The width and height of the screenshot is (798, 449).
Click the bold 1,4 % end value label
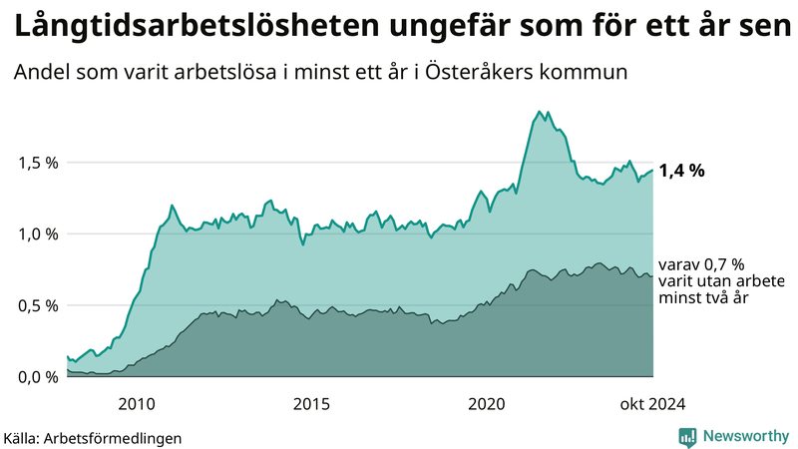click(681, 171)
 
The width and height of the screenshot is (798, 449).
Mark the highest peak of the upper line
click(539, 111)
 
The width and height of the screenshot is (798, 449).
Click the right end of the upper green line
click(652, 171)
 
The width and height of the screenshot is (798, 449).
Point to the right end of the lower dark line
click(652, 276)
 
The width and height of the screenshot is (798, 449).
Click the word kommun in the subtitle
click(591, 73)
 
